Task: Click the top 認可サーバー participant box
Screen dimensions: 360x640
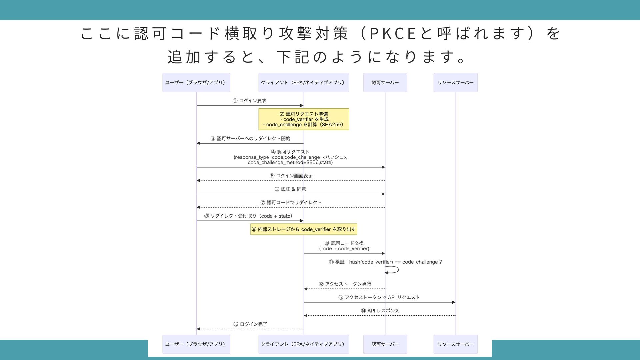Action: click(385, 83)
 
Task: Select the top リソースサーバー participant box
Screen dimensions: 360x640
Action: click(455, 83)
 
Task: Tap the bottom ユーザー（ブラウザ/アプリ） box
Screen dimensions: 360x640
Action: click(196, 344)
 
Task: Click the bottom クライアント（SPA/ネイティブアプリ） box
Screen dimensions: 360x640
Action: click(303, 344)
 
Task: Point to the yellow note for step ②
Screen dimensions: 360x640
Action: click(303, 119)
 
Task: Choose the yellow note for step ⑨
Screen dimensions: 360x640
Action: click(303, 229)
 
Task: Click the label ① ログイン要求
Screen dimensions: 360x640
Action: click(249, 101)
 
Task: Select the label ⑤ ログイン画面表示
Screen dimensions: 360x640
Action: click(291, 176)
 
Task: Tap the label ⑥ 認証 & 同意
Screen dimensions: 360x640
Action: click(290, 189)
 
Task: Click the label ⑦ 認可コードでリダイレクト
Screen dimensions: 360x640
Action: click(291, 202)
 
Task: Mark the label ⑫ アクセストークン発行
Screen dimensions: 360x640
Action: click(345, 284)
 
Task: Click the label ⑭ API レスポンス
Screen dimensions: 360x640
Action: click(380, 311)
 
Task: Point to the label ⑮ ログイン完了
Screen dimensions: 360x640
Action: click(250, 324)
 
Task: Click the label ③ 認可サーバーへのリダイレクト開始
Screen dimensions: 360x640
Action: click(250, 138)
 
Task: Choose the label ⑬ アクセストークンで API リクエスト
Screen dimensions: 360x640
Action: click(379, 297)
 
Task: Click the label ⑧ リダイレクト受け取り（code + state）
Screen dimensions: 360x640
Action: click(248, 216)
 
